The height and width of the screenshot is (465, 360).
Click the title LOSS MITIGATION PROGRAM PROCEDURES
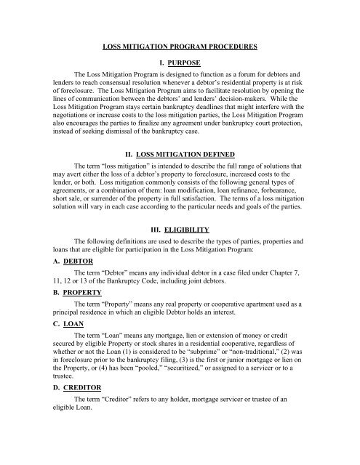tap(179, 46)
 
